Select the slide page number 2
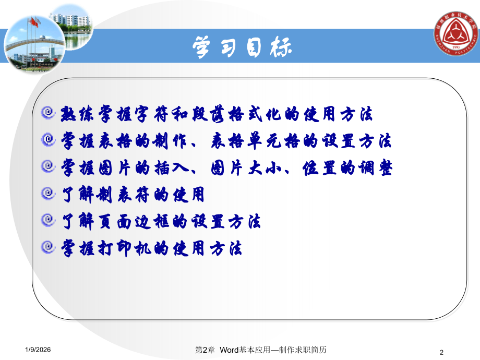(x=442, y=351)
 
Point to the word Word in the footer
(x=230, y=350)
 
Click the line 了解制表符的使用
(x=133, y=195)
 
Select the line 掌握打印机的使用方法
(x=152, y=248)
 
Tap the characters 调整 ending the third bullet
(x=379, y=167)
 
